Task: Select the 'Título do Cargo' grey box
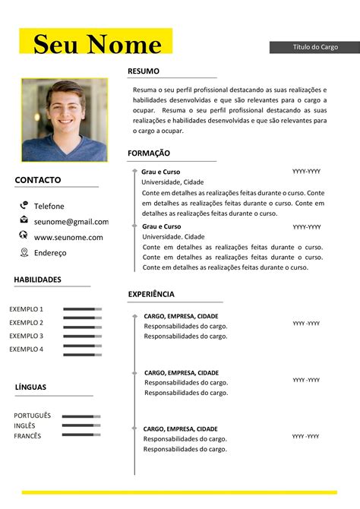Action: coord(314,47)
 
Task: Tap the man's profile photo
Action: coord(65,120)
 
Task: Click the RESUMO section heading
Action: coord(144,71)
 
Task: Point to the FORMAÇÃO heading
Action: coord(149,153)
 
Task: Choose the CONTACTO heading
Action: coord(38,181)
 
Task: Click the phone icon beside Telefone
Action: coord(24,205)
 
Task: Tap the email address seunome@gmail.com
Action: coord(71,222)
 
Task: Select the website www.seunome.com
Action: coord(68,237)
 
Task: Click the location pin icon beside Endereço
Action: coord(24,252)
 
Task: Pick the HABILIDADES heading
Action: coord(37,280)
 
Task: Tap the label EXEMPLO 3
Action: coord(26,336)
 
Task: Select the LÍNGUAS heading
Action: coord(30,387)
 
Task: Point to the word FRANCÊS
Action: coord(27,436)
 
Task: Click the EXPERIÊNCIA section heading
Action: coord(151,294)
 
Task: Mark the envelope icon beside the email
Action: coord(24,220)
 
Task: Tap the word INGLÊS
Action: coord(24,426)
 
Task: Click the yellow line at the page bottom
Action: coord(179,492)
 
